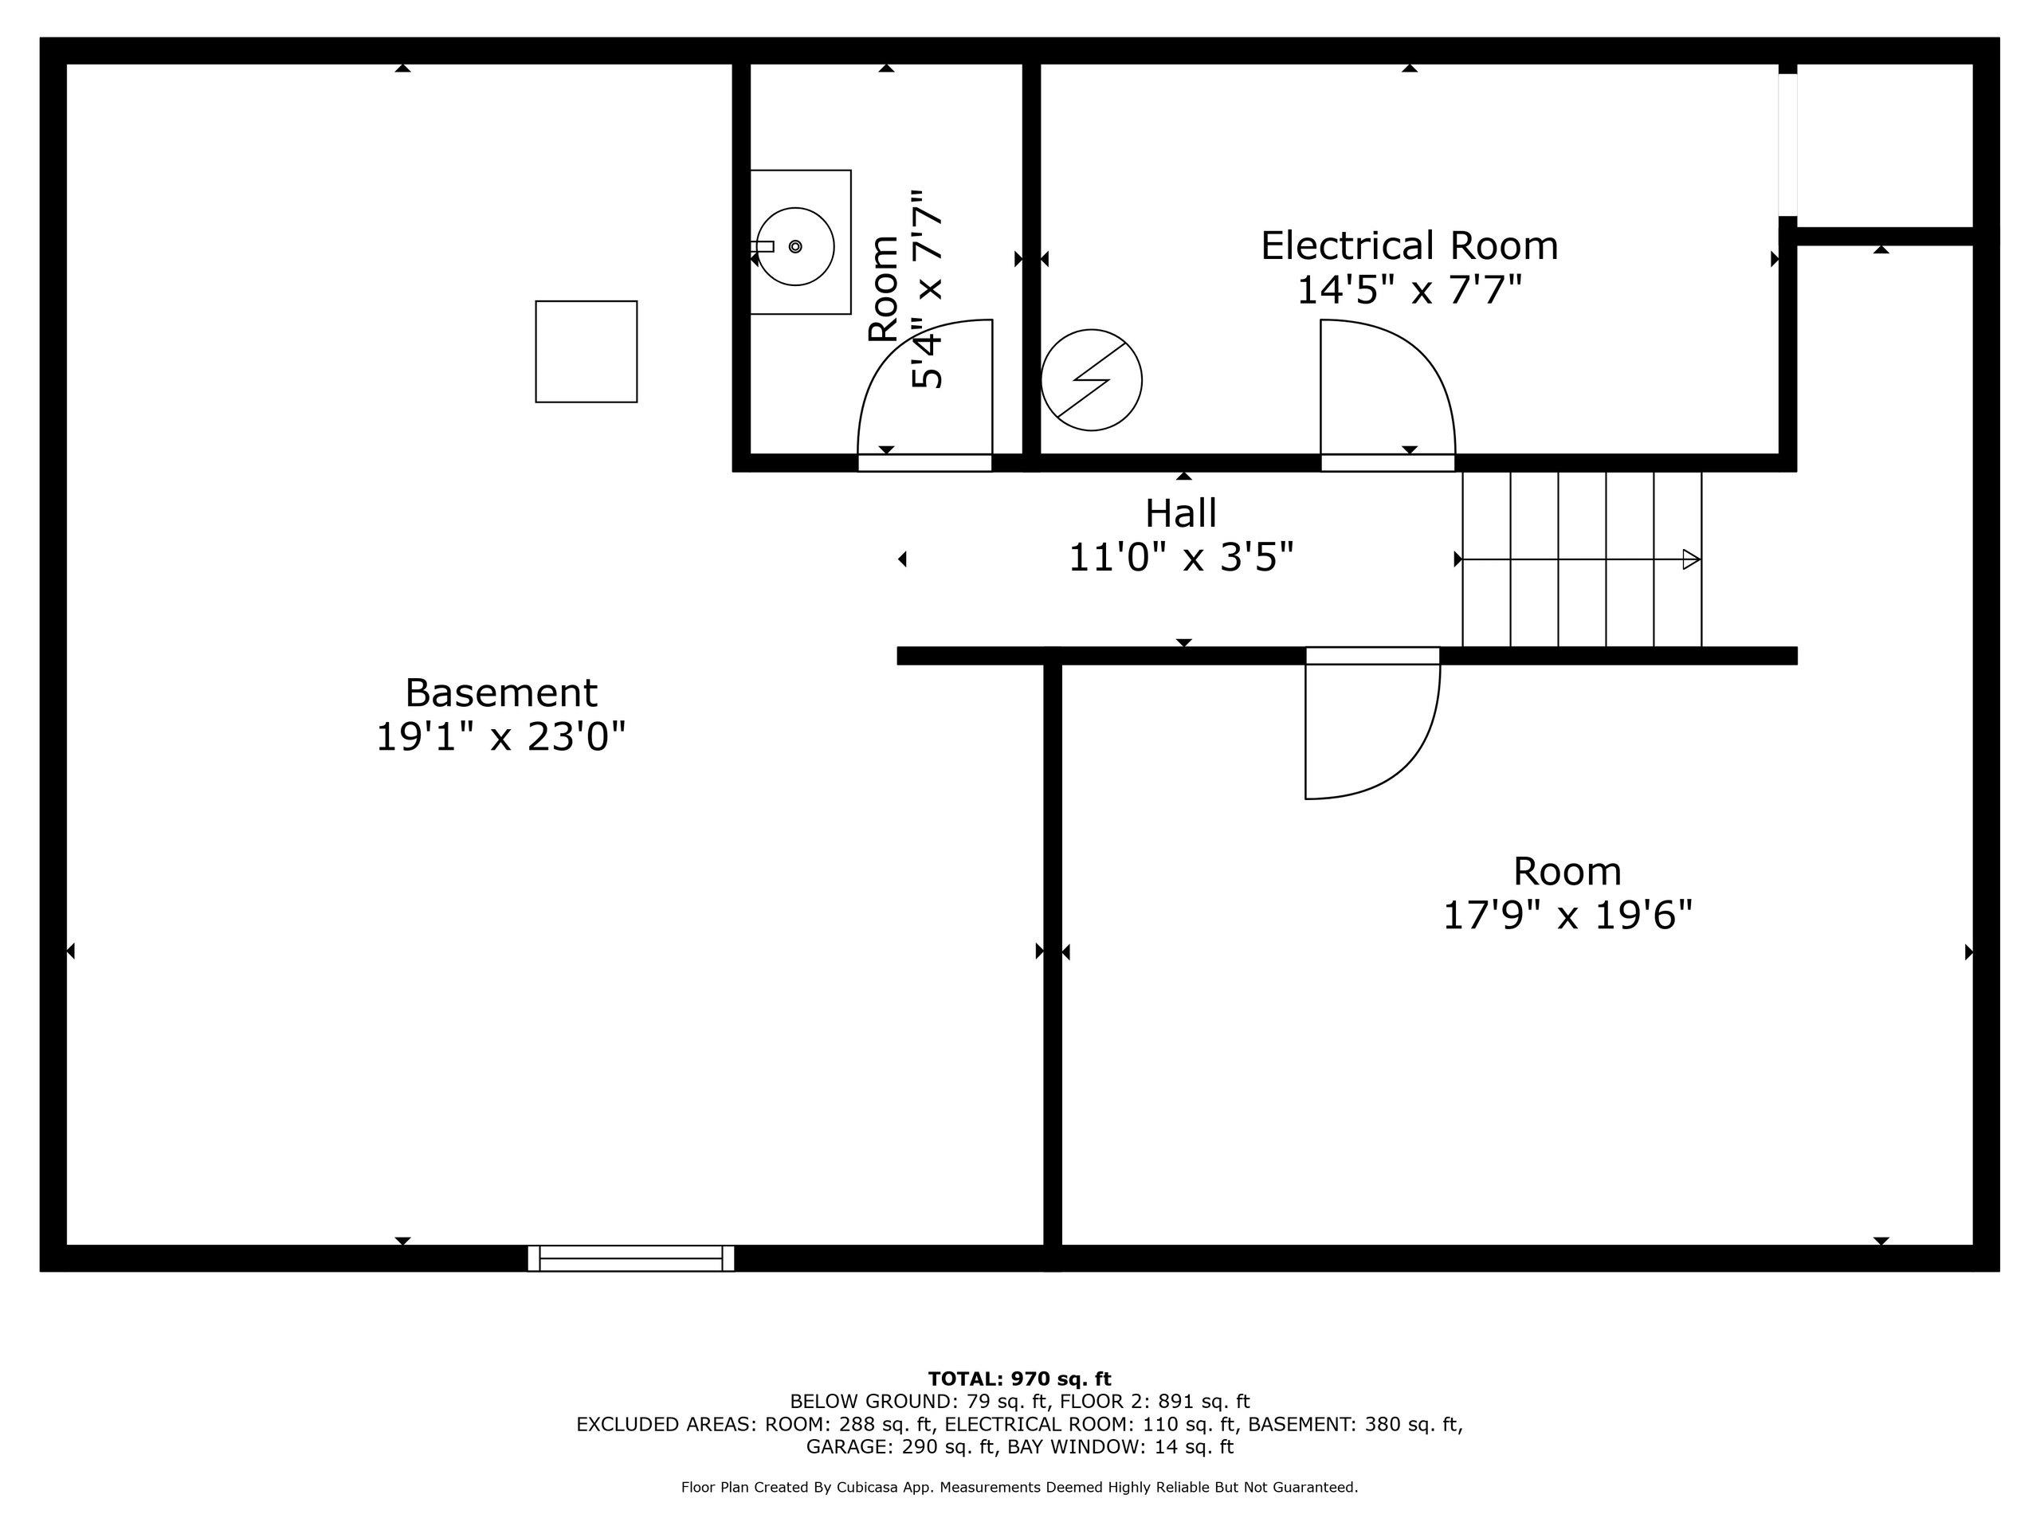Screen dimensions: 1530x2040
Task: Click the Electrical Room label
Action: (1408, 246)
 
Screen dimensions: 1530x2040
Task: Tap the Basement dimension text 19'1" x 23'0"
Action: (500, 737)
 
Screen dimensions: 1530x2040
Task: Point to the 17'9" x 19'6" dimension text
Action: (1567, 916)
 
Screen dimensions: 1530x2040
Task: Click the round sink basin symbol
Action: (795, 246)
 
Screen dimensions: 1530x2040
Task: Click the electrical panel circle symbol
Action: (1091, 380)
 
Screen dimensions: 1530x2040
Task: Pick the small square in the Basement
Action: (586, 351)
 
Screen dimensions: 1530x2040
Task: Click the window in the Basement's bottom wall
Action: (631, 1258)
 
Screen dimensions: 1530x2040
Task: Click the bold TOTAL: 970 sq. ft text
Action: (1019, 1379)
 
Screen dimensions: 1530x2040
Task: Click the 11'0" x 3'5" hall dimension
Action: (1180, 558)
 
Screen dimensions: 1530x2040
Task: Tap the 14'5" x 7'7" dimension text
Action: (1408, 291)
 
